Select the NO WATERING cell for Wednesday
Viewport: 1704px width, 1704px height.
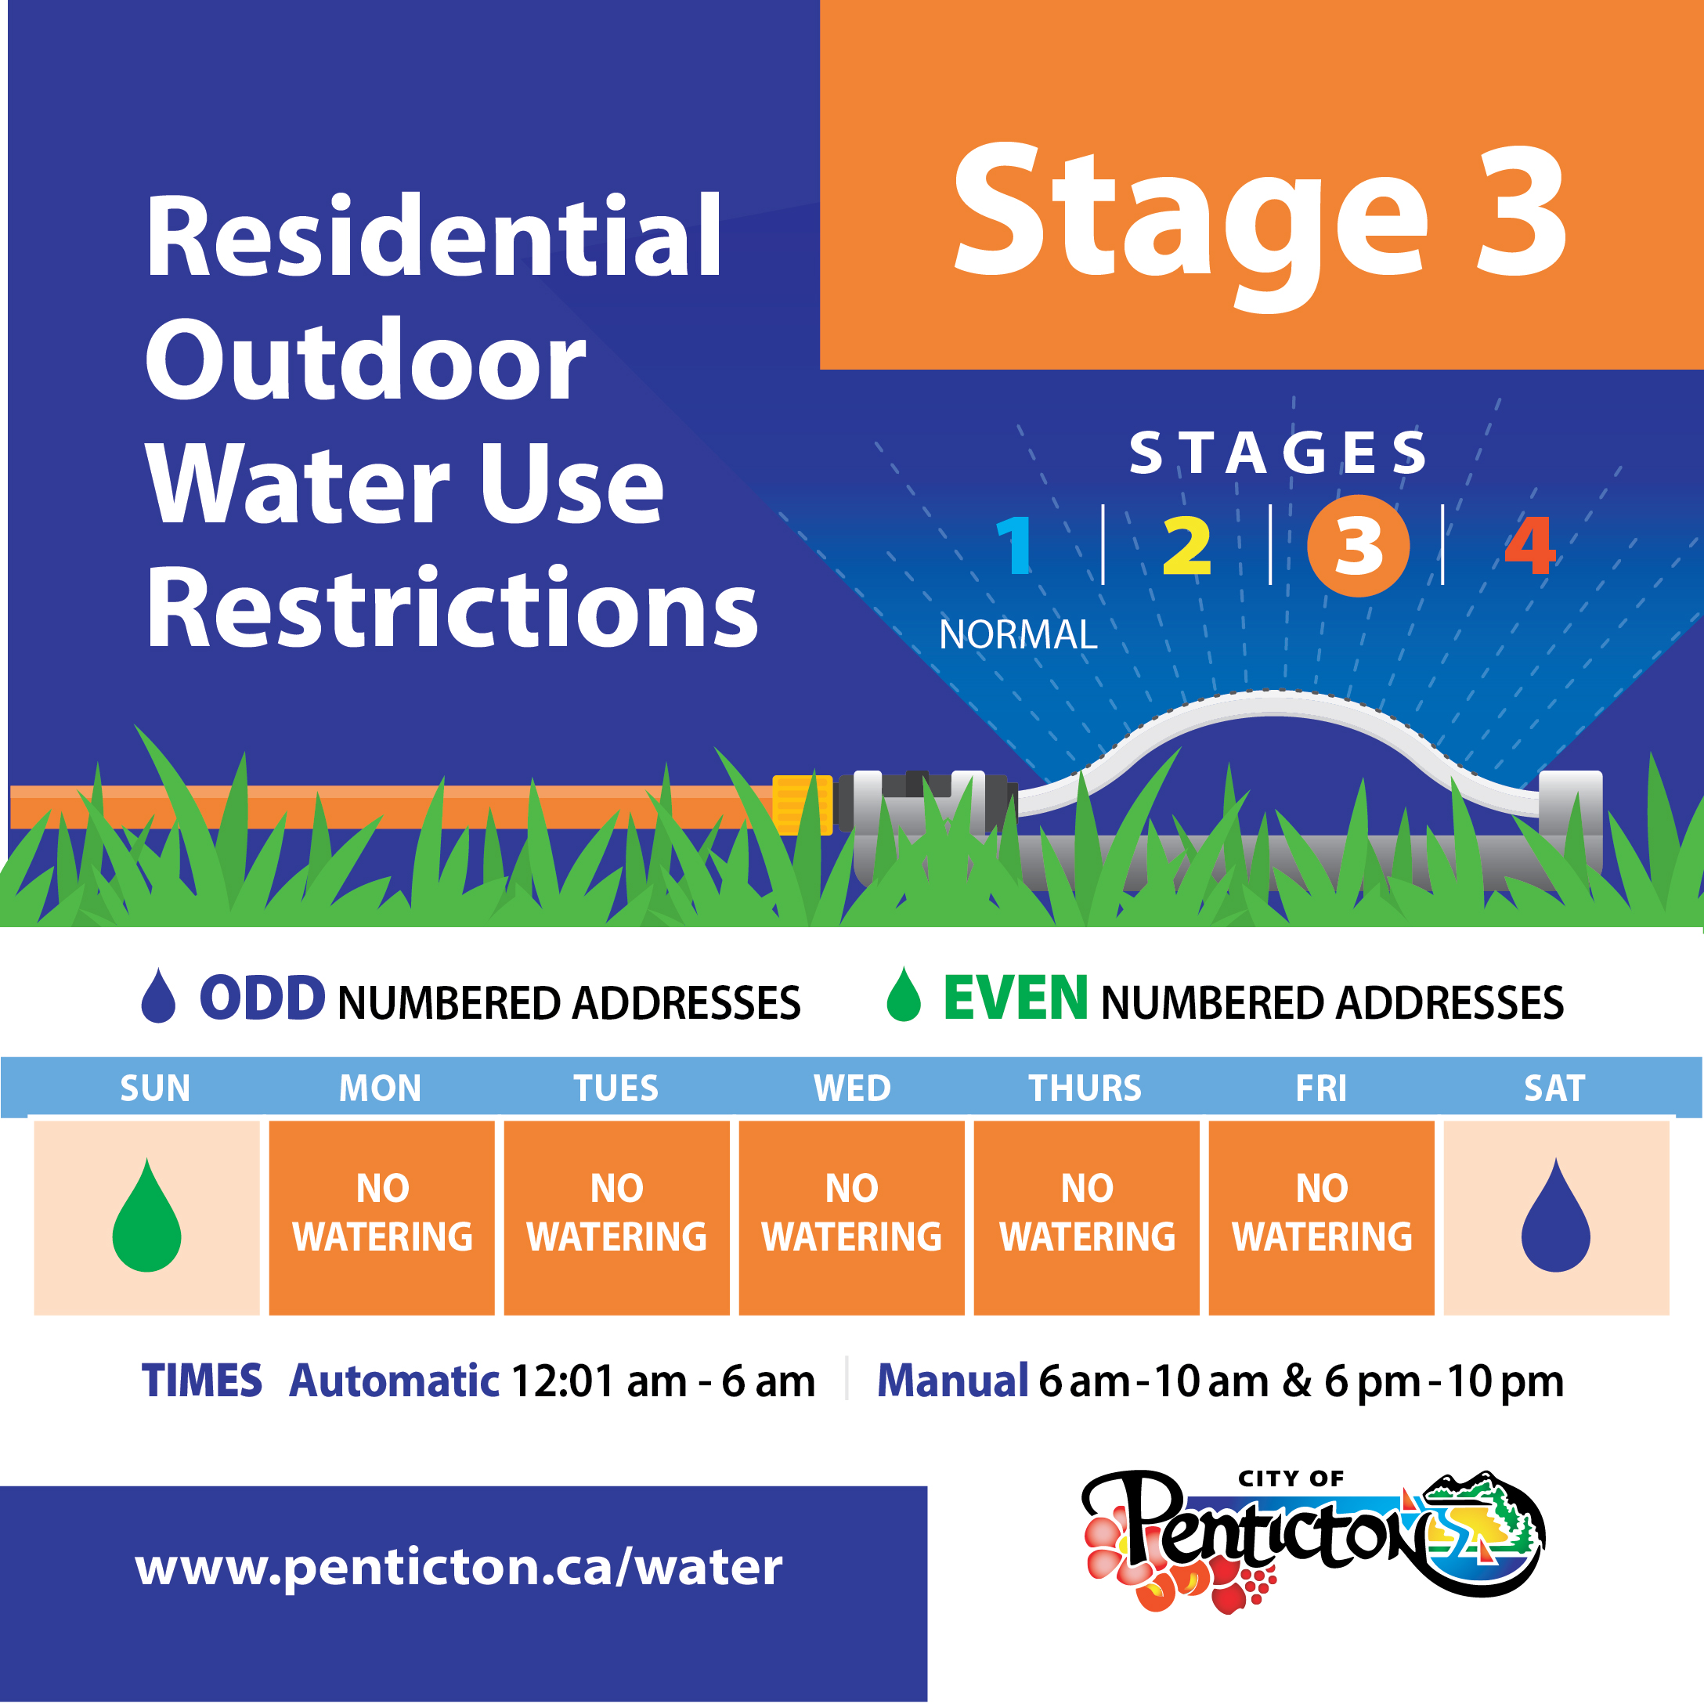tap(851, 1217)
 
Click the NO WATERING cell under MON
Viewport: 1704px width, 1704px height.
tap(382, 1217)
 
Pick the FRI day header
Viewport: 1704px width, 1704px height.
tap(1321, 1088)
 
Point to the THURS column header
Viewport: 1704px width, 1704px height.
tap(1085, 1088)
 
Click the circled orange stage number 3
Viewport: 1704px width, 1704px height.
tap(1358, 546)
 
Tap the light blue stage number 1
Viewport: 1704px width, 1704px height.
tap(1015, 545)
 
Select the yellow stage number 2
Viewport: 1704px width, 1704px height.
tap(1187, 545)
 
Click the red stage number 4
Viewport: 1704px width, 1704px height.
tap(1530, 545)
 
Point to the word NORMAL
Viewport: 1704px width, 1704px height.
tap(1018, 634)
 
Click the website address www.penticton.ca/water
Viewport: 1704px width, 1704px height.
tap(459, 1566)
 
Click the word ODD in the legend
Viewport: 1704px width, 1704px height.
tap(263, 998)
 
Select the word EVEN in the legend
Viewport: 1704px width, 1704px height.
tap(1016, 998)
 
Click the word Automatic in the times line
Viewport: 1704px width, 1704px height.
tap(394, 1381)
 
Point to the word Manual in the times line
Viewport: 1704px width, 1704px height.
tap(952, 1381)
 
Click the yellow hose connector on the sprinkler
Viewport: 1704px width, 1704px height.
tap(803, 803)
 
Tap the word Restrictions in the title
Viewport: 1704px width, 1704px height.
tap(453, 609)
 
